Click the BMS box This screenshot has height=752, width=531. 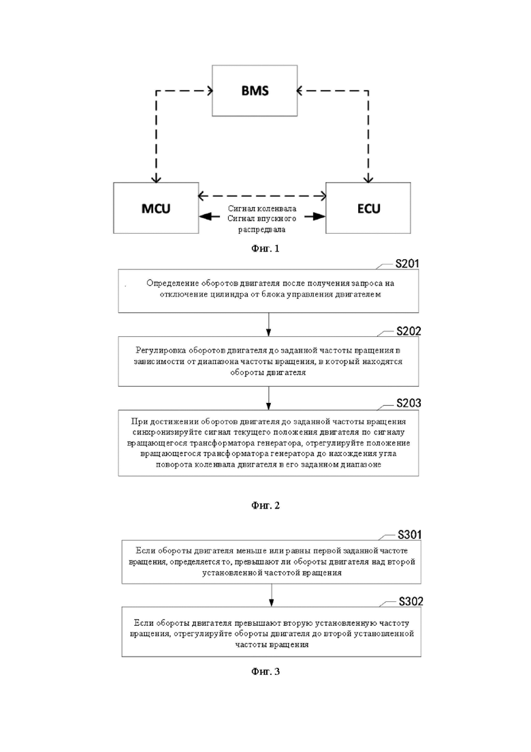point(255,91)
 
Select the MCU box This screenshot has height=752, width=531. point(156,208)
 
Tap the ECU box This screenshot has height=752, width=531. point(368,208)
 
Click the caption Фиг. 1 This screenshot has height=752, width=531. point(265,248)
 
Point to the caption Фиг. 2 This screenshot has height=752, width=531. point(265,505)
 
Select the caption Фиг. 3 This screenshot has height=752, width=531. point(265,672)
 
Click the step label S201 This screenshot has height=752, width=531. point(407,263)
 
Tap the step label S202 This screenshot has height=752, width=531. point(408,331)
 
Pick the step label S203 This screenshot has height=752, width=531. point(408,404)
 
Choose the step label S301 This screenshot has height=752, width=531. point(409,535)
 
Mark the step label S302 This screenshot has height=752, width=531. point(411,601)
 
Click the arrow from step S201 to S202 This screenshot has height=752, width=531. point(269,325)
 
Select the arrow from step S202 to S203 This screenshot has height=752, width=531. point(269,398)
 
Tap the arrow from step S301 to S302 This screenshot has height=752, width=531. point(272,595)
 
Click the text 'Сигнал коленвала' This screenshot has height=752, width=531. point(262,209)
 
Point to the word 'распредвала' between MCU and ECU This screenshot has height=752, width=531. point(262,229)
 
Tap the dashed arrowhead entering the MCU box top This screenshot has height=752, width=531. point(156,179)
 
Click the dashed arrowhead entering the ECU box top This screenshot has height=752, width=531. point(368,179)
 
